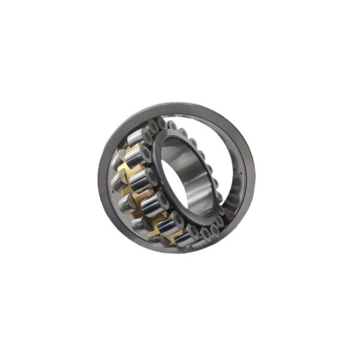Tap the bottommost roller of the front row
[180, 235]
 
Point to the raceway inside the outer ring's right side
[243, 180]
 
